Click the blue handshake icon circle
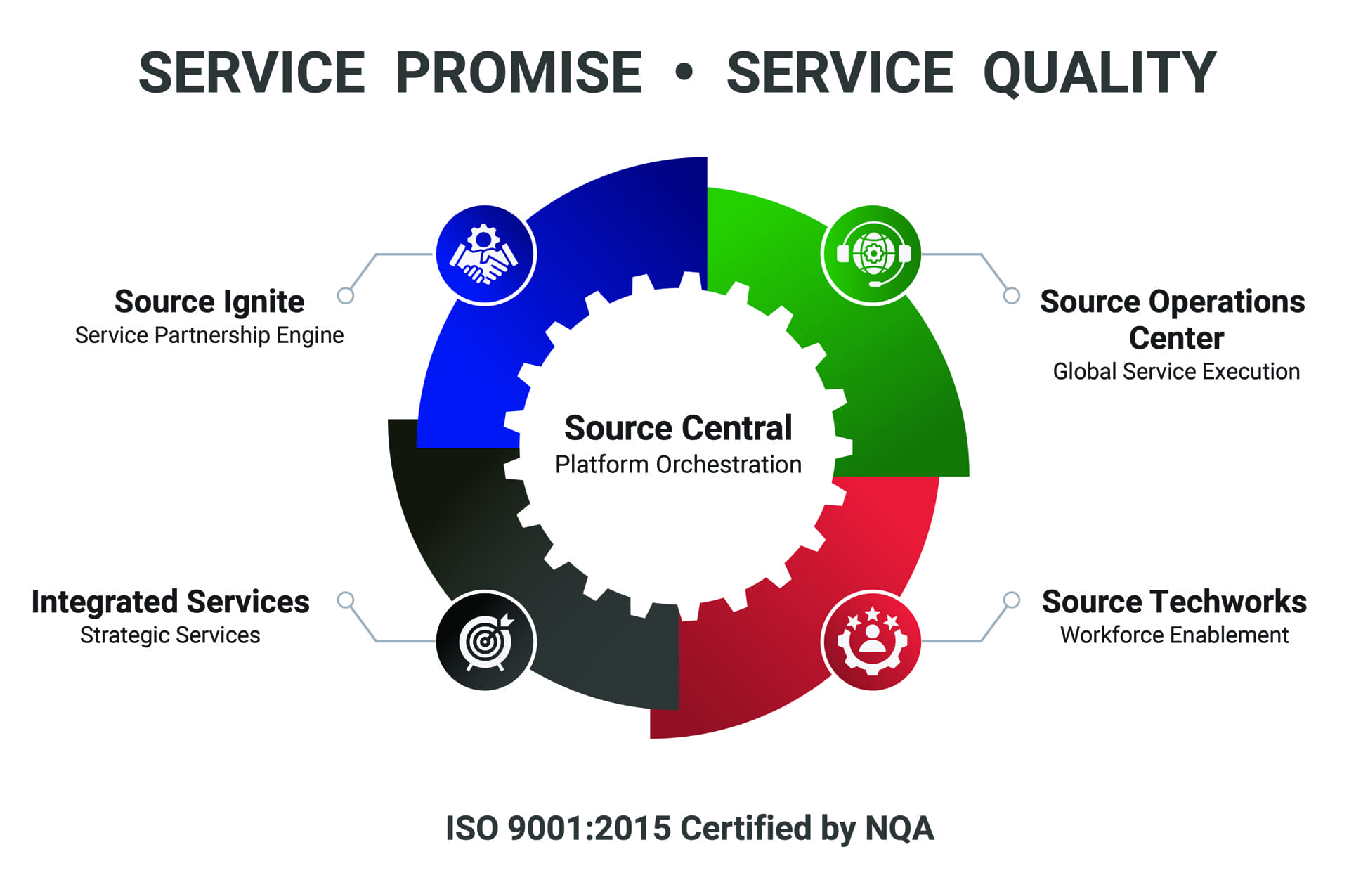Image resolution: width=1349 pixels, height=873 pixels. (485, 254)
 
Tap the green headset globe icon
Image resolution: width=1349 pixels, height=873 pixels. (872, 254)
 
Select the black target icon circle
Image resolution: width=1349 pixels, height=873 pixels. (485, 641)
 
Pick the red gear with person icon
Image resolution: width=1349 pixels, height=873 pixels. (872, 641)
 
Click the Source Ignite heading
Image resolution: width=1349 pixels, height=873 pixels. (209, 302)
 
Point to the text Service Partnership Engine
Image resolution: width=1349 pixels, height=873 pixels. (209, 336)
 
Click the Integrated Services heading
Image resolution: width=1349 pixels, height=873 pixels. (170, 602)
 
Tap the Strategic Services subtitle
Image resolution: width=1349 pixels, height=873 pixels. (170, 635)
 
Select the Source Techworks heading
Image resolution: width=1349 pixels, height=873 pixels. (1174, 602)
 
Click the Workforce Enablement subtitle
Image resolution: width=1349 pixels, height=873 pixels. (1174, 635)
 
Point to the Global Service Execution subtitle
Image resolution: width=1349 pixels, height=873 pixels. (1176, 371)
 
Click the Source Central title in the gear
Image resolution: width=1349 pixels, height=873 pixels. (678, 428)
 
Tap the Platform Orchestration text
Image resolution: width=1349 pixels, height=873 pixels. (678, 465)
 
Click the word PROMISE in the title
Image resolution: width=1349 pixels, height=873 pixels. (519, 72)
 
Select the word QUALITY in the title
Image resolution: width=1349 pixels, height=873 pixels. (1100, 74)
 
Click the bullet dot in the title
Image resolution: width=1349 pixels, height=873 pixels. (684, 72)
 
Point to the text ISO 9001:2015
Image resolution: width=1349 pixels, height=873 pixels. (559, 828)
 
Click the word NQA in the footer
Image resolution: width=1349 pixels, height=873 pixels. (899, 828)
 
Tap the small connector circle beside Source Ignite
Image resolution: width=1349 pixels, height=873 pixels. (345, 295)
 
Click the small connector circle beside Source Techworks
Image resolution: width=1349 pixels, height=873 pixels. (1011, 600)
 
